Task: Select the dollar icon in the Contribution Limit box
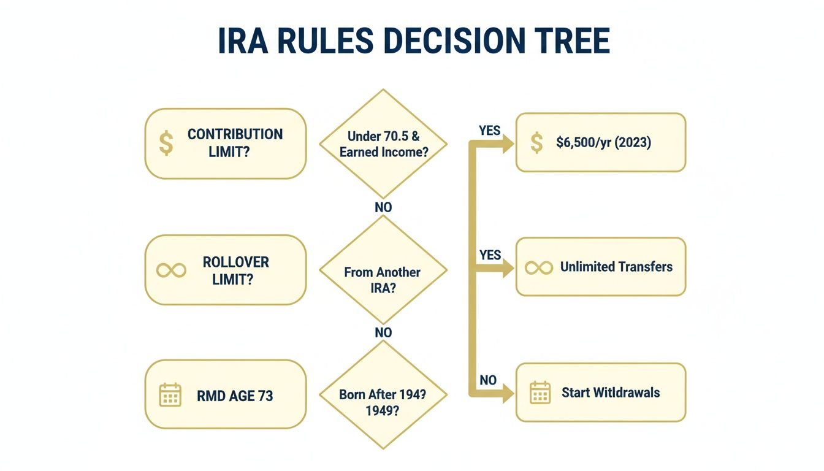tap(166, 144)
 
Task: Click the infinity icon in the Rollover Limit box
tap(171, 270)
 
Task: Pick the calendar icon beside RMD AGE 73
tap(170, 395)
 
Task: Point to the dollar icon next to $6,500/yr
tap(537, 143)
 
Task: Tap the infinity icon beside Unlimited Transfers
tap(539, 267)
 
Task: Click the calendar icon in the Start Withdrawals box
tap(540, 392)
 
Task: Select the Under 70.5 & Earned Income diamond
tap(383, 144)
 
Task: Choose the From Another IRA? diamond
tap(383, 270)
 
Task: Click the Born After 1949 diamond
tap(383, 395)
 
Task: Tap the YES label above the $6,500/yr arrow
tap(489, 131)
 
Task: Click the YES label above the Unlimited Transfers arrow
tap(490, 255)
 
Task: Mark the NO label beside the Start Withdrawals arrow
tap(488, 380)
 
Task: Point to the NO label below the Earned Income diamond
tap(383, 207)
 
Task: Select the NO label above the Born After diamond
tap(383, 332)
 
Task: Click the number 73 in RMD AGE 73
tap(265, 396)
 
